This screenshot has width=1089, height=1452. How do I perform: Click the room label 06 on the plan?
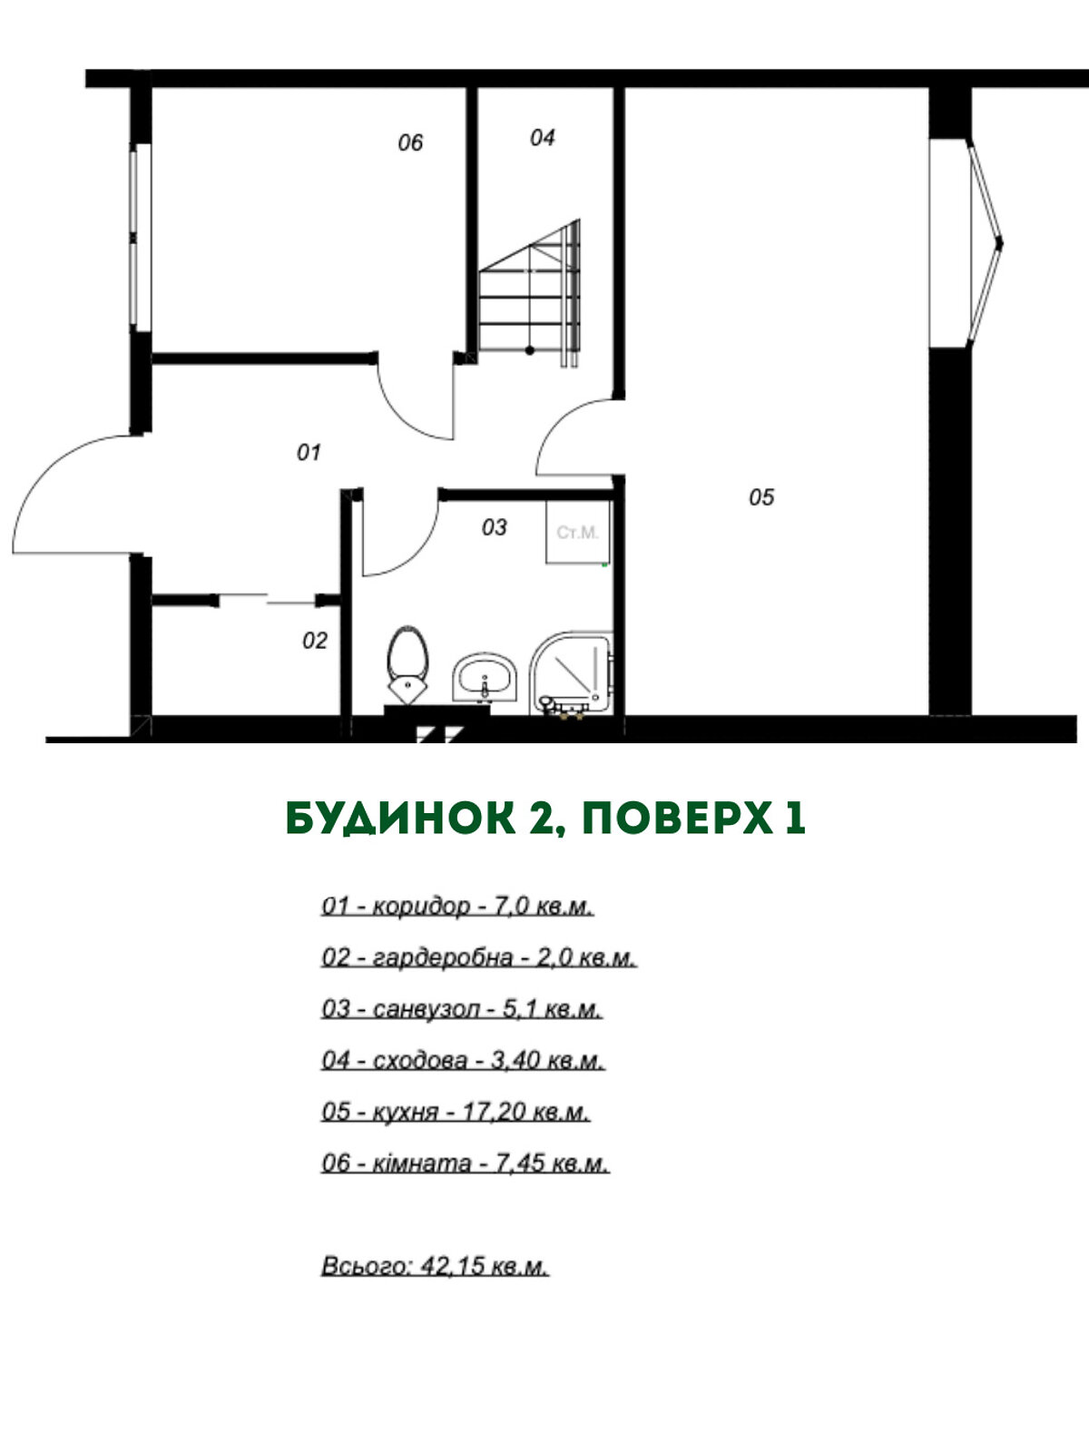pos(410,142)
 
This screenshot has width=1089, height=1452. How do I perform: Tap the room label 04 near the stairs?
pos(542,138)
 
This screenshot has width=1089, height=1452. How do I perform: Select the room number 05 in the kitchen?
pos(761,496)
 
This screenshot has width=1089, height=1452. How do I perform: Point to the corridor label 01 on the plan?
pos(309,453)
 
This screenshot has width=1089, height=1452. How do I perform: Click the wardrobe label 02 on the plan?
pos(315,641)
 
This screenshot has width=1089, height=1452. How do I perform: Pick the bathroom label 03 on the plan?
pos(494,527)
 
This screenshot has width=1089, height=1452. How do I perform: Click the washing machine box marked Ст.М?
pos(577,532)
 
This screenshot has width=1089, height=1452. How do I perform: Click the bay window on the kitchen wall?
pos(966,243)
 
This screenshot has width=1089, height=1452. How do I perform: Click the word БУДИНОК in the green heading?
pos(401,819)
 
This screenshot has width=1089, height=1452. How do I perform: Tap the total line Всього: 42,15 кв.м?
pos(435,1266)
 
